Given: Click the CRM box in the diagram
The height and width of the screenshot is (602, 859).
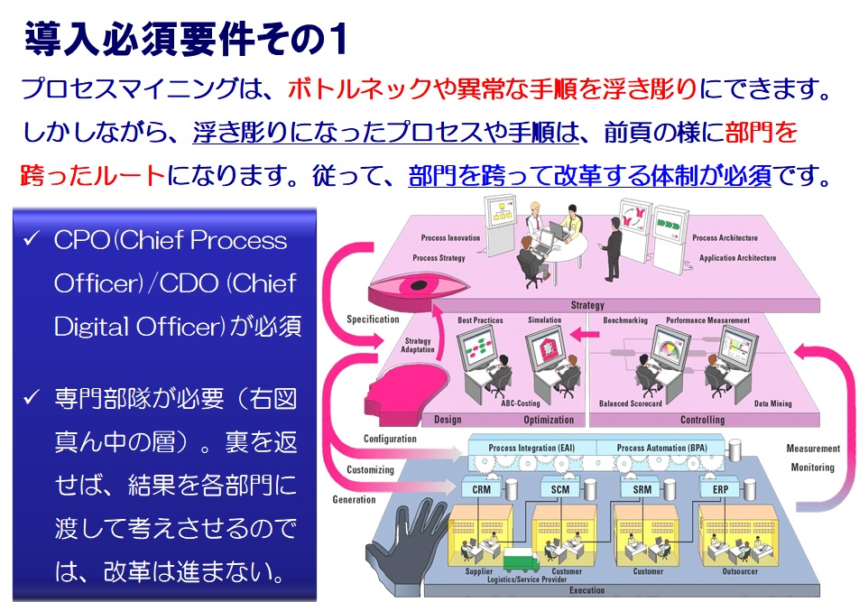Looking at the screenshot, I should tap(482, 489).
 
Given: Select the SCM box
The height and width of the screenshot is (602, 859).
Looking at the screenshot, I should tap(560, 489).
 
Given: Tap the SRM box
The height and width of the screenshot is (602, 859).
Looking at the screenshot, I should tap(642, 489).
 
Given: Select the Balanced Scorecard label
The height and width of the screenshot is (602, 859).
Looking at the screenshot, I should tap(632, 403).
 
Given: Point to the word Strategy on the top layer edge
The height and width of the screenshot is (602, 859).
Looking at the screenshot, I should tap(587, 306).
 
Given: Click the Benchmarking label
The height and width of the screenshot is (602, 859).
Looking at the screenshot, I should tap(624, 320).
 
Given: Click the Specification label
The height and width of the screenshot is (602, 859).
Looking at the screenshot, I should tap(373, 320).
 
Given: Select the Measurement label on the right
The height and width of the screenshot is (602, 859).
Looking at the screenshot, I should tap(813, 449).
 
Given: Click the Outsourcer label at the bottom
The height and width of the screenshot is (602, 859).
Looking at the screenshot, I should tap(740, 572).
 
